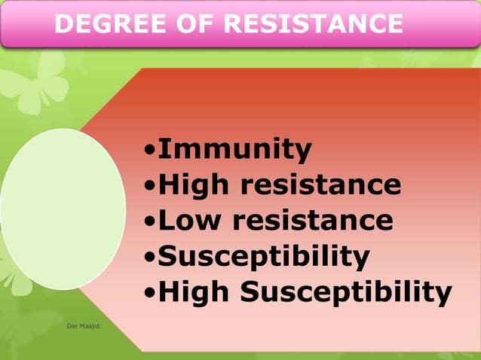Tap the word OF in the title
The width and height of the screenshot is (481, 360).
(x=183, y=24)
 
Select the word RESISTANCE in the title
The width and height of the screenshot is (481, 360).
(x=306, y=24)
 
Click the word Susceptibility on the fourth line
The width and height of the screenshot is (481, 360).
(x=263, y=256)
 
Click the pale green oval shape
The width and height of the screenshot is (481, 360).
(x=63, y=209)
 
